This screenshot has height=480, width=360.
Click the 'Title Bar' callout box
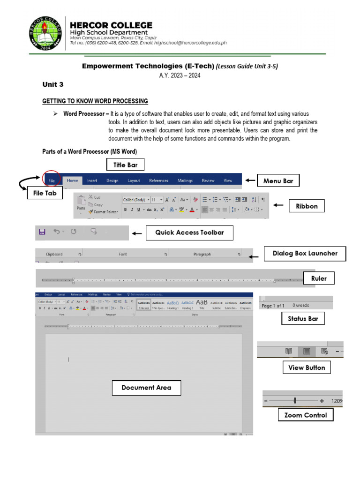click(x=125, y=165)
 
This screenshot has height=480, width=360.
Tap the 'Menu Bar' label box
click(x=278, y=180)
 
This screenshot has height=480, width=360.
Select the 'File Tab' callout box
click(x=45, y=193)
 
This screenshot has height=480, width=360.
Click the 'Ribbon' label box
click(x=307, y=206)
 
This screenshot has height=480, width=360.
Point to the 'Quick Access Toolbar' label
click(x=189, y=232)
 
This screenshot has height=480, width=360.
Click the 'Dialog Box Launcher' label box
click(x=305, y=254)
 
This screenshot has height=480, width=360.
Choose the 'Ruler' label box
click(x=319, y=278)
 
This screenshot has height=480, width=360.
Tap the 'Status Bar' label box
click(x=303, y=319)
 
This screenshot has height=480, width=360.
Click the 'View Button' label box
click(x=307, y=367)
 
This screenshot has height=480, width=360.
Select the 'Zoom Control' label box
click(x=306, y=415)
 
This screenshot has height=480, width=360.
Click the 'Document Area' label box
click(x=146, y=388)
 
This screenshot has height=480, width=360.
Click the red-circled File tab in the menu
click(x=51, y=180)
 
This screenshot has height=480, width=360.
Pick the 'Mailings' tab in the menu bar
click(x=185, y=180)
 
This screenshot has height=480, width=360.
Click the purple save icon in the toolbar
click(x=42, y=232)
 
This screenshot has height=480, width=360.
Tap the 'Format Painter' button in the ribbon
click(x=103, y=212)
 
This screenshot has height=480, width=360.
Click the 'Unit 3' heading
click(x=52, y=84)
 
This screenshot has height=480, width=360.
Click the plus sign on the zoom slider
click(x=322, y=401)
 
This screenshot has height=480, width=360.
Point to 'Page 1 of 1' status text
click(x=273, y=306)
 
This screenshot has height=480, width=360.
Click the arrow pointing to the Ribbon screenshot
click(x=278, y=205)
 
